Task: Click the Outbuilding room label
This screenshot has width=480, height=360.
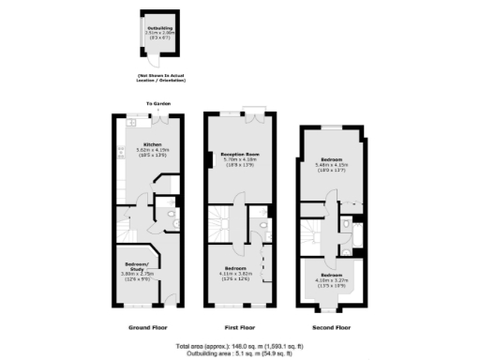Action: [x=159, y=29]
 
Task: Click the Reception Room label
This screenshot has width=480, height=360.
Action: [x=240, y=153]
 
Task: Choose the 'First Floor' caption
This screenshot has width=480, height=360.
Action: [x=240, y=328]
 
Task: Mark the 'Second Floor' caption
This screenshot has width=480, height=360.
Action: [x=331, y=328]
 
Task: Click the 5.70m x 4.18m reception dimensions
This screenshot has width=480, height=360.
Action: [x=240, y=159]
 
